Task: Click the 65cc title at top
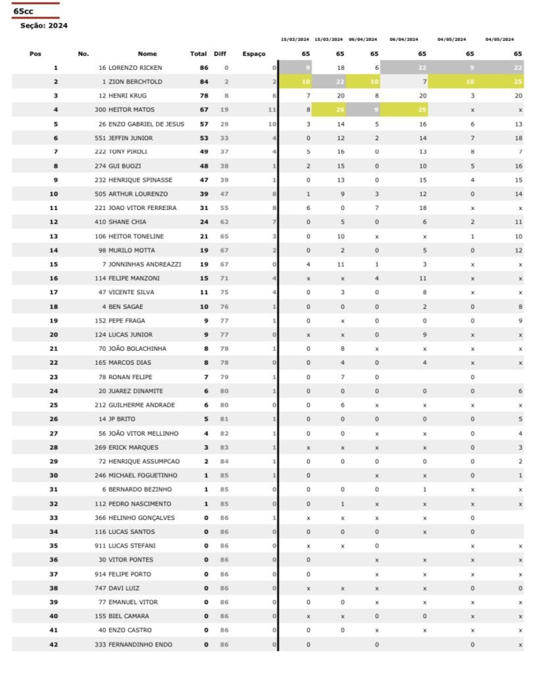(x=23, y=11)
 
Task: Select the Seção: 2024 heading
(x=44, y=26)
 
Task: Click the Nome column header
(x=147, y=54)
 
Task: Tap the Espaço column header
(x=253, y=54)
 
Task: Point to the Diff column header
(x=220, y=54)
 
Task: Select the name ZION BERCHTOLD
(x=136, y=82)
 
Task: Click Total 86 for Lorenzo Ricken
(x=203, y=68)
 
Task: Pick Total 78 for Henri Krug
(x=203, y=96)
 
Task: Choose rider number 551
(x=100, y=138)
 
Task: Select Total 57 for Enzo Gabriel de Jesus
(x=203, y=124)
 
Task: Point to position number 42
(x=54, y=644)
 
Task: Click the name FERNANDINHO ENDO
(x=140, y=644)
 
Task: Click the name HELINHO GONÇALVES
(x=141, y=517)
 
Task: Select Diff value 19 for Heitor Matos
(x=224, y=110)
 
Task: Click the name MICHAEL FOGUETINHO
(x=143, y=475)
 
